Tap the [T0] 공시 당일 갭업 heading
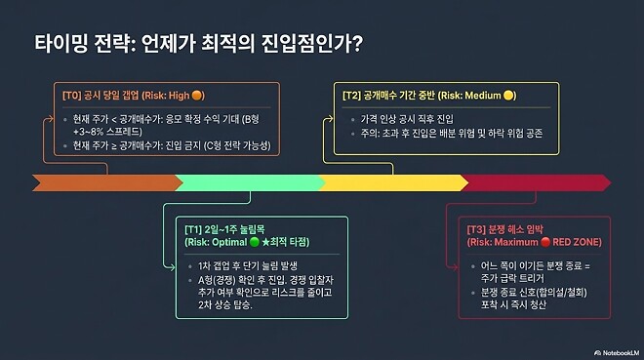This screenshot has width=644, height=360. tap(127, 96)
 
